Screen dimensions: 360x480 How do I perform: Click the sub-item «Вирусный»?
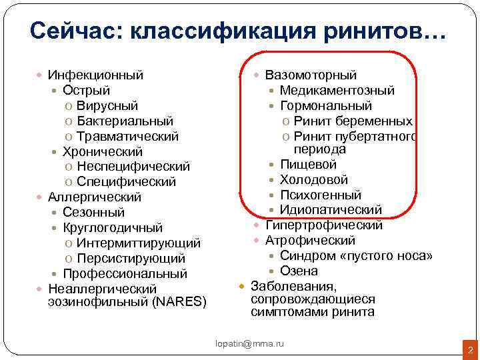107,106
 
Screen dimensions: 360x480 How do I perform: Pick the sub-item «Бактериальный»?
125,121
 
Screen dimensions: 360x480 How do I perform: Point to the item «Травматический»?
127,137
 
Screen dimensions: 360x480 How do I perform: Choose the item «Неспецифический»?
133,167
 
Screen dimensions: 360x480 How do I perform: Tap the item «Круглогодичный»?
111,228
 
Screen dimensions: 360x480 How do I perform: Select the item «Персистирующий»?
131,259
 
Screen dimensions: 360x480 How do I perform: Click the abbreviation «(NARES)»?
179,302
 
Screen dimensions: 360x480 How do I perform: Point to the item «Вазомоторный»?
311,75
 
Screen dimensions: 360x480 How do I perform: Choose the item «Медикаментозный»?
337,91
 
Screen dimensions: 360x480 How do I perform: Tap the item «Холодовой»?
313,180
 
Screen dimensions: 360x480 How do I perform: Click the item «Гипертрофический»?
324,226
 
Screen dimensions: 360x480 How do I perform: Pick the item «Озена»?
299,271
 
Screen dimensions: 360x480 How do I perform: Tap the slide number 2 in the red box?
469,349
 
